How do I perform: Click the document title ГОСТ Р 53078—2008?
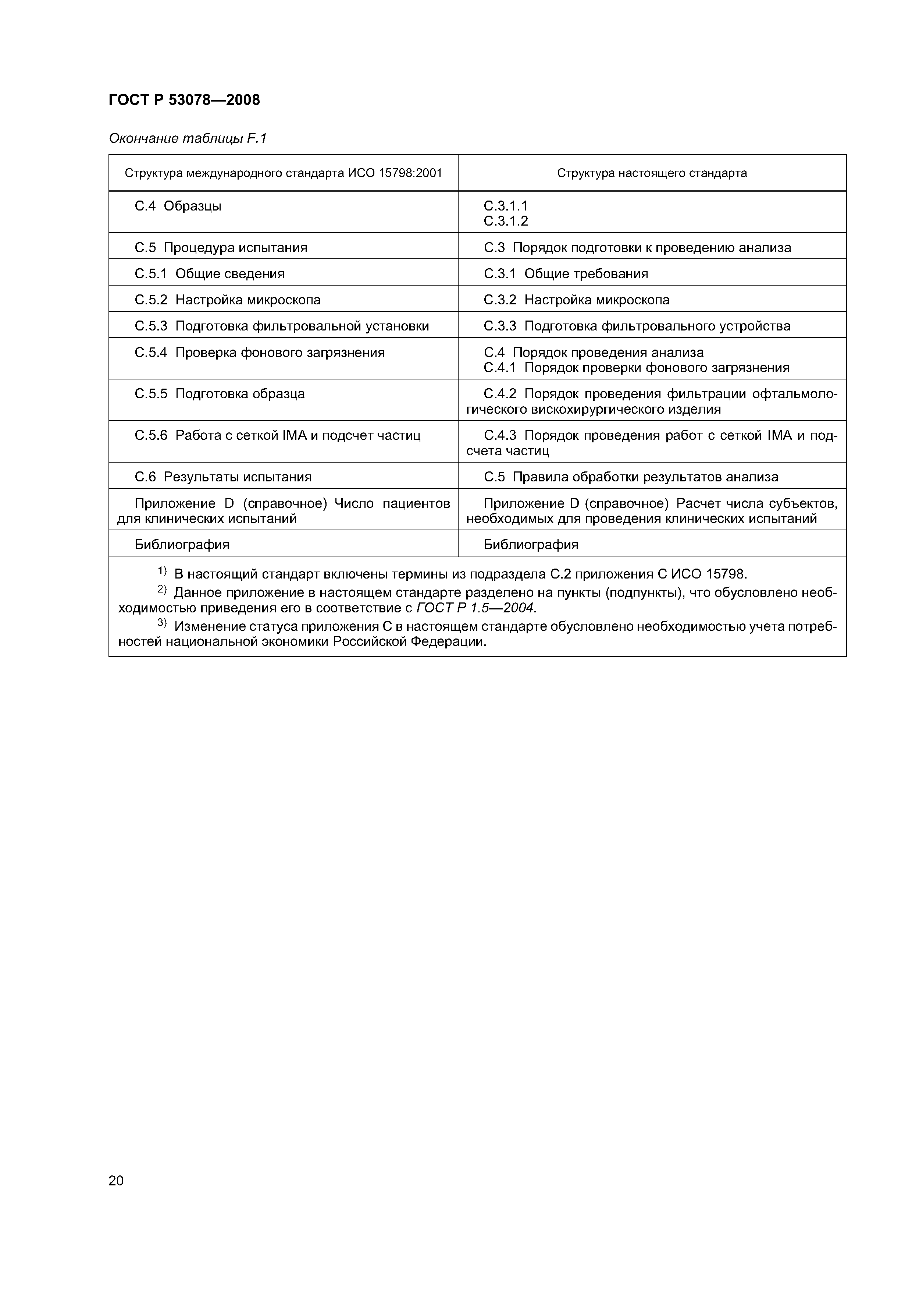[184, 100]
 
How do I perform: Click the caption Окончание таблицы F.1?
[187, 138]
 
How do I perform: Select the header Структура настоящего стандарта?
[652, 173]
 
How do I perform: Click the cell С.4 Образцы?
[178, 206]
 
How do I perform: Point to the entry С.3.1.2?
[506, 221]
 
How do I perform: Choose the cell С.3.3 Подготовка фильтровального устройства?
[637, 326]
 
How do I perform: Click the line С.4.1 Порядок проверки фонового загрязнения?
[637, 368]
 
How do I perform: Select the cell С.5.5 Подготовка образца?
[220, 394]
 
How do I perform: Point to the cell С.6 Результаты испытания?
[223, 477]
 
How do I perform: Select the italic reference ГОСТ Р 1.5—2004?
[476, 608]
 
